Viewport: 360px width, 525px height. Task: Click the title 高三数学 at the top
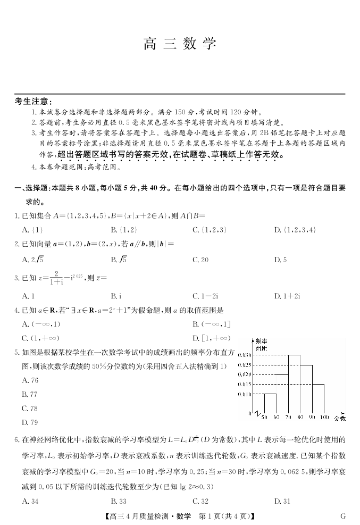[180, 44]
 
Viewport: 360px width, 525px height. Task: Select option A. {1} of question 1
[33, 230]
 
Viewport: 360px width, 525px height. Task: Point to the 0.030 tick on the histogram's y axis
[245, 355]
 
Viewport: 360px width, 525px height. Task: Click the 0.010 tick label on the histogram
[245, 394]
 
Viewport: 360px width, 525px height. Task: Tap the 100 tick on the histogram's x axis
[324, 418]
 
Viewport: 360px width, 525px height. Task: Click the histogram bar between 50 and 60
[270, 403]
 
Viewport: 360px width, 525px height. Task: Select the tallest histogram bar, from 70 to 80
[295, 383]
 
